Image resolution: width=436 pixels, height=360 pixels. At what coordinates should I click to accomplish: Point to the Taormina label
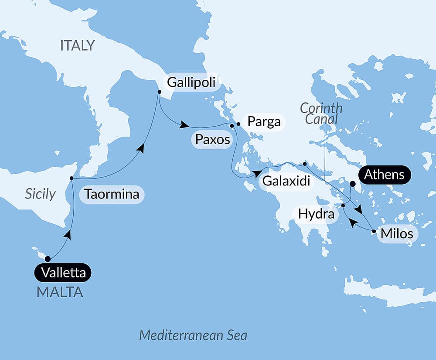pyautogui.click(x=112, y=194)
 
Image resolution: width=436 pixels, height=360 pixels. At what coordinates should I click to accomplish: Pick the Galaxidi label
pyautogui.click(x=286, y=181)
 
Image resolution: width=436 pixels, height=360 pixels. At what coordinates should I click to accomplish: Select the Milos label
pyautogui.click(x=396, y=233)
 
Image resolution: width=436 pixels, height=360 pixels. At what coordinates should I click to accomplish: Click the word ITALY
pyautogui.click(x=77, y=45)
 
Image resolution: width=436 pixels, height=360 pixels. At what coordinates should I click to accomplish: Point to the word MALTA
pyautogui.click(x=60, y=292)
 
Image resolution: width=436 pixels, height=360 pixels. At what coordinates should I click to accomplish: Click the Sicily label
pyautogui.click(x=40, y=194)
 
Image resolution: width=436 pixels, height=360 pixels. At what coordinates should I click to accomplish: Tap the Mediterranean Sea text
pyautogui.click(x=193, y=335)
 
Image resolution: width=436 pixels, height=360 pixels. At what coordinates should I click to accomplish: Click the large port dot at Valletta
pyautogui.click(x=48, y=258)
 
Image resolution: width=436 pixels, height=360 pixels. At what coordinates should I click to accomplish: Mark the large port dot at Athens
pyautogui.click(x=352, y=184)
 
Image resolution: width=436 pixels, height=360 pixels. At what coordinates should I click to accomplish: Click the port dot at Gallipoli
pyautogui.click(x=159, y=92)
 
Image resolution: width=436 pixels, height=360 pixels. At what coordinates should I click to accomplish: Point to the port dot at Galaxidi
pyautogui.click(x=305, y=164)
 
